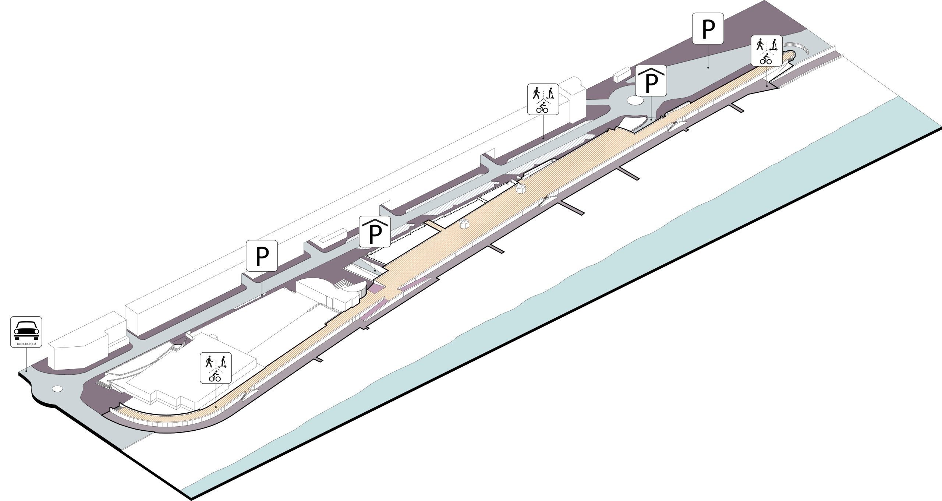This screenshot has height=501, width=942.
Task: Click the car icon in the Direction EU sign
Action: pyautogui.click(x=26, y=329)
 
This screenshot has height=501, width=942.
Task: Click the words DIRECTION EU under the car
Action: pyautogui.click(x=26, y=343)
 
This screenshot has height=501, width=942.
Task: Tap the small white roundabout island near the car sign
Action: pyautogui.click(x=58, y=388)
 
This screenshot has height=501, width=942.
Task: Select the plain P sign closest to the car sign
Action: pyautogui.click(x=261, y=256)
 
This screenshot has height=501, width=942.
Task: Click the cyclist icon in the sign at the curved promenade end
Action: pyautogui.click(x=215, y=377)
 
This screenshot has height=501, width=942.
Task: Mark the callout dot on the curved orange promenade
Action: pyautogui.click(x=216, y=406)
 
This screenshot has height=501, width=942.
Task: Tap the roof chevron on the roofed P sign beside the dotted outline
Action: pyautogui.click(x=375, y=222)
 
